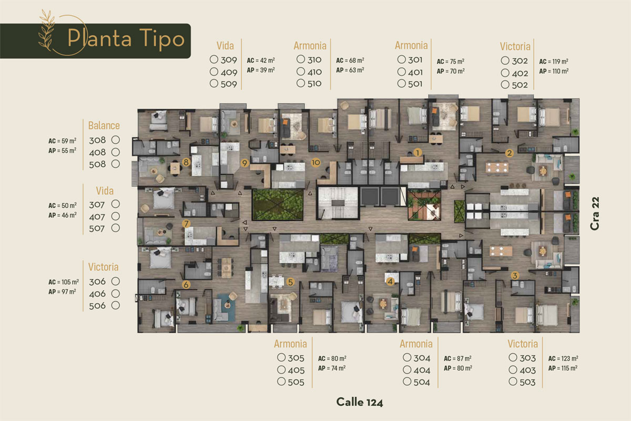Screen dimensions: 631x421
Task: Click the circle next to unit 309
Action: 214,59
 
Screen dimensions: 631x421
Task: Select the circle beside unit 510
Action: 301,83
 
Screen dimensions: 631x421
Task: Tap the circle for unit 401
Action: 401,72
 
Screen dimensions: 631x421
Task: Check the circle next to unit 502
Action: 505,84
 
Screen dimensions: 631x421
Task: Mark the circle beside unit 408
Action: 116,152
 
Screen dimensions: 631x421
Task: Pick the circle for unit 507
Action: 116,228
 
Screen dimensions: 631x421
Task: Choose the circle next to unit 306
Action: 116,281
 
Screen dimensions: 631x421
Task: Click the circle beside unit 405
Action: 281,369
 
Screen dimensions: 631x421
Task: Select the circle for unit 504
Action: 407,382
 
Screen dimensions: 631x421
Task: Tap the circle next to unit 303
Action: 513,357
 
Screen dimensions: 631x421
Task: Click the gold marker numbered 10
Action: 315,163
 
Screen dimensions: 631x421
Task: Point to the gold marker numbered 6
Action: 186,285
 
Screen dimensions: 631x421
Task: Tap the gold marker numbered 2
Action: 510,153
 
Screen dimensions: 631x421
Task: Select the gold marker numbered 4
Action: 390,281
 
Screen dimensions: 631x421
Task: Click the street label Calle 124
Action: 360,402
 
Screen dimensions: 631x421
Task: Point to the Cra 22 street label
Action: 595,214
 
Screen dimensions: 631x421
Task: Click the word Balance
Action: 104,125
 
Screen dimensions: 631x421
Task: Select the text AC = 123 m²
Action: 563,358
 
